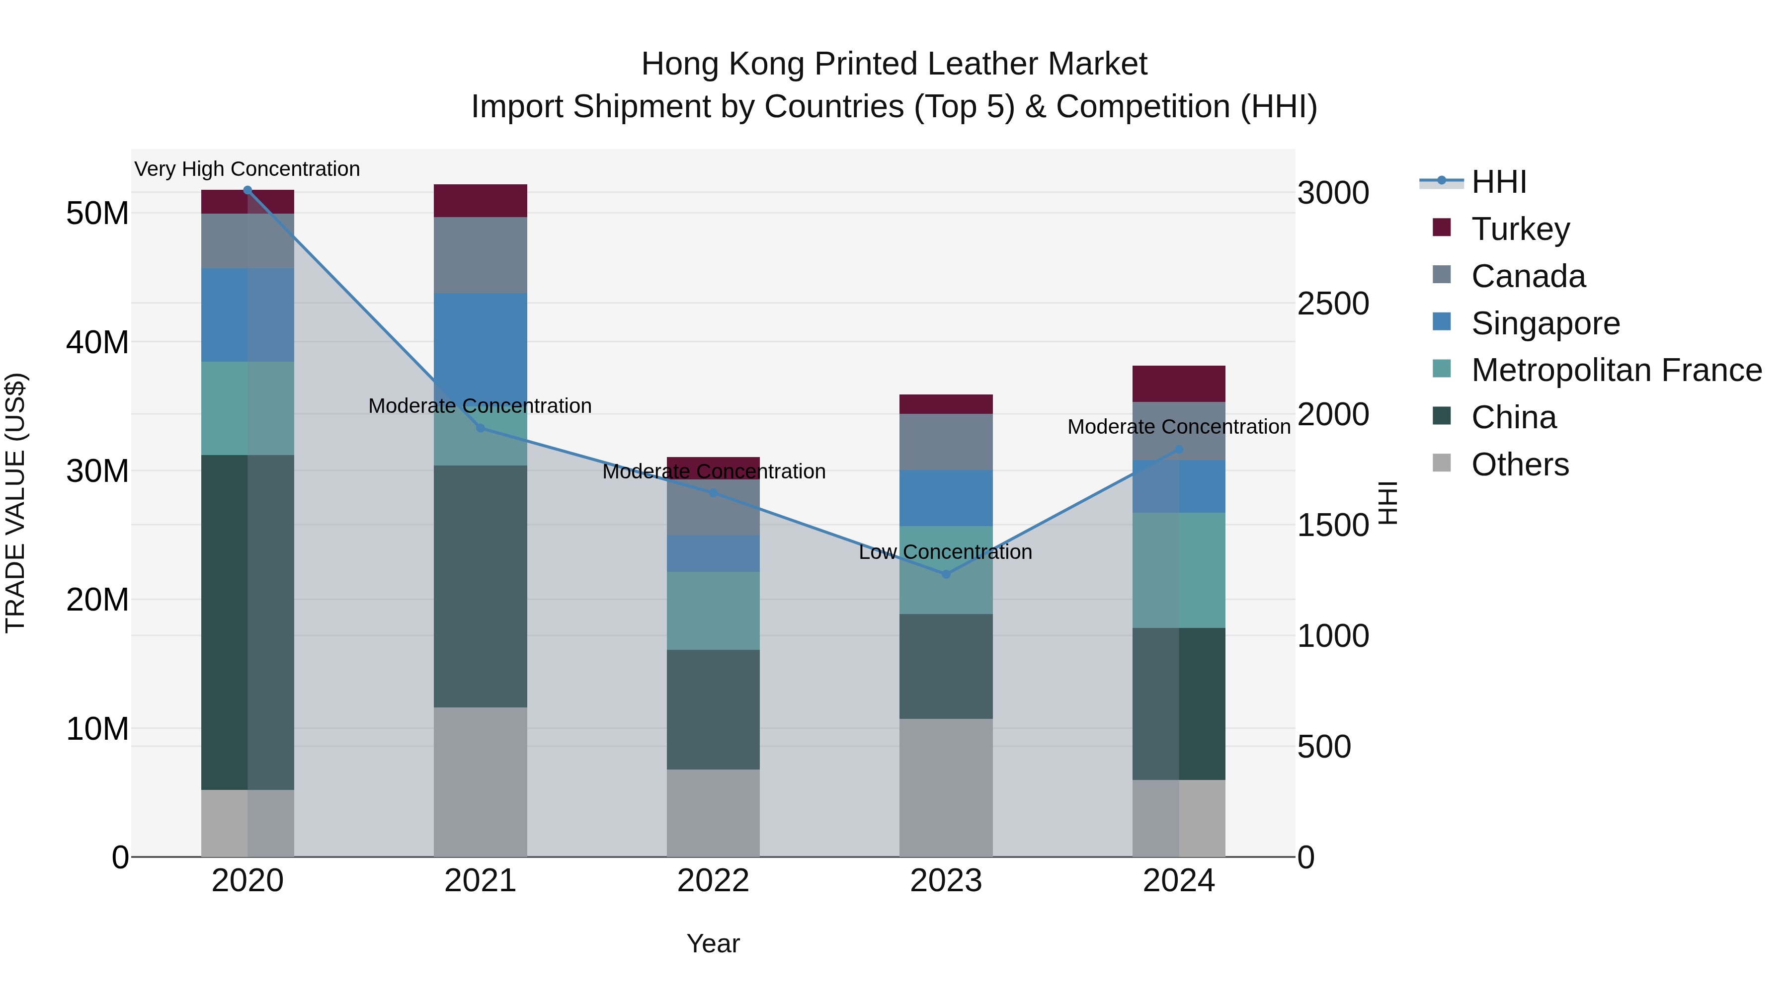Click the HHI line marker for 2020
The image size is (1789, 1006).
click(x=247, y=190)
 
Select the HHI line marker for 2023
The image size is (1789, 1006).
click(x=946, y=574)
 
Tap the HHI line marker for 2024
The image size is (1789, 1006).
click(x=1179, y=450)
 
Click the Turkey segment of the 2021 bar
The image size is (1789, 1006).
click(x=480, y=201)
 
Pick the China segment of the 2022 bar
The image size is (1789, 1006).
click(x=713, y=709)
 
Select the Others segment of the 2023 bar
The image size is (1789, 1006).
click(x=946, y=788)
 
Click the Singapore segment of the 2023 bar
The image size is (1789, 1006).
click(x=946, y=498)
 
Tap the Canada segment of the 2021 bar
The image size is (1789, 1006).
click(x=480, y=255)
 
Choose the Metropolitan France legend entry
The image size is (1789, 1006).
click(x=1616, y=370)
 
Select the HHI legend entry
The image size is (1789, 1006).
click(x=1499, y=182)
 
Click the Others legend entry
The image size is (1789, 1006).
click(x=1520, y=464)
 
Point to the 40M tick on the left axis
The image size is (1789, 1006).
click(x=97, y=342)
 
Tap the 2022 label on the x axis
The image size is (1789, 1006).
click(x=713, y=881)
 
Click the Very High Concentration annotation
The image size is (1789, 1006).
click(x=247, y=169)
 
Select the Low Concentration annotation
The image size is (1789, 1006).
click(x=945, y=552)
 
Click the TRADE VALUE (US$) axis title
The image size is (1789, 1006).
click(x=15, y=503)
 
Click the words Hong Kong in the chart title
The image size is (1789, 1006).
click(x=722, y=64)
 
